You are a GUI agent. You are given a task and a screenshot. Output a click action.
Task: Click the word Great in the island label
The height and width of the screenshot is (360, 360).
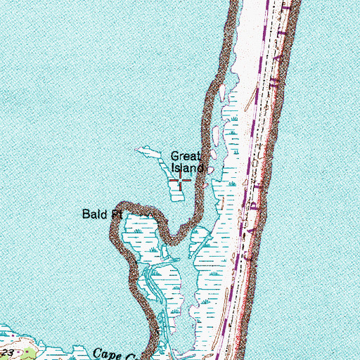pyautogui.click(x=186, y=157)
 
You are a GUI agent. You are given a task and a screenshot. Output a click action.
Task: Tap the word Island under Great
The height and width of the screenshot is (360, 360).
pyautogui.click(x=188, y=168)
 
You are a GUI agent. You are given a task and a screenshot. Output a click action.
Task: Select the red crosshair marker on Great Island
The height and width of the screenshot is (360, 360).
pyautogui.click(x=181, y=183)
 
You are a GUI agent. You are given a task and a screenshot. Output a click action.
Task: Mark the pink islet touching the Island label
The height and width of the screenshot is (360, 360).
pyautogui.click(x=210, y=169)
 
